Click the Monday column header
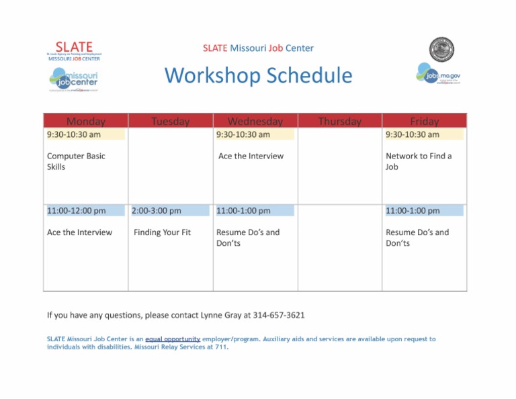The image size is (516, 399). point(86,122)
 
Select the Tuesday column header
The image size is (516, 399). point(170,122)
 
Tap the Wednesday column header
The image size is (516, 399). point(255,122)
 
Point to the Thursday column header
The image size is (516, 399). point(339,122)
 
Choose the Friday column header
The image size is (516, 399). point(424,122)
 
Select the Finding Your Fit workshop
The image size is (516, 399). point(162,232)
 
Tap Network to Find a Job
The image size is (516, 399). point(419,161)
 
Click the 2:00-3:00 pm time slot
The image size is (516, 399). point(157,211)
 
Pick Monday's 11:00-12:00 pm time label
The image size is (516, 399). point(76,211)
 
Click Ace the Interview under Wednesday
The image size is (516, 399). point(251,156)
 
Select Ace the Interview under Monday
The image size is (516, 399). point(79,232)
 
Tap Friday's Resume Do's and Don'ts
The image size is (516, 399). point(417,238)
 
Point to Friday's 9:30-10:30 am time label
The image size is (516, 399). point(413,134)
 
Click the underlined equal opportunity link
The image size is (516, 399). point(173,339)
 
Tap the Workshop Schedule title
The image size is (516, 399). point(258,75)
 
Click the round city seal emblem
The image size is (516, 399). point(441,50)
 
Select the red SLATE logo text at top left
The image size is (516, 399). point(74,46)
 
